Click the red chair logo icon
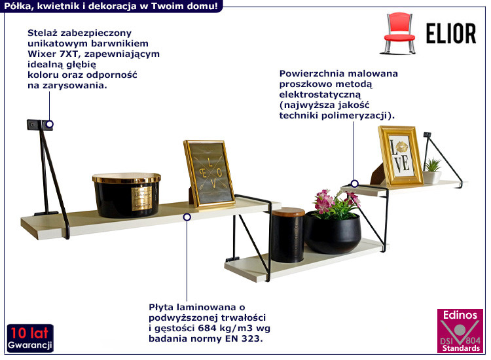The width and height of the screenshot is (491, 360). pos(399,33)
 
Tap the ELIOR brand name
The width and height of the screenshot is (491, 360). pos(451,33)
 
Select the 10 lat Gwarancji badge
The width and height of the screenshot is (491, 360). pos(30,338)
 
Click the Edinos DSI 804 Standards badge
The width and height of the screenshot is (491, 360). pos(460,331)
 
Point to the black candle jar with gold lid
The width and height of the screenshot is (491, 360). pos(126,195)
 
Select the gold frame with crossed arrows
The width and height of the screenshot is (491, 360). pos(209,174)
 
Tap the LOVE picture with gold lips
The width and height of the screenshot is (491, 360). pos(400,155)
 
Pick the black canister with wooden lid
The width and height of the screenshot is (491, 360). pos(287,235)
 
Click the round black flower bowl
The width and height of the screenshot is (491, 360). pos(333,232)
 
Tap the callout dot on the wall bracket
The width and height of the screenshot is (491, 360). pos(49,124)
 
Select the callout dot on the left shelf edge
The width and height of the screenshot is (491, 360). pos(187,217)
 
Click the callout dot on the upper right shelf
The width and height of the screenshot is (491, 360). pos(354,183)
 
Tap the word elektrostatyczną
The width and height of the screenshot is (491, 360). pos(320,94)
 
